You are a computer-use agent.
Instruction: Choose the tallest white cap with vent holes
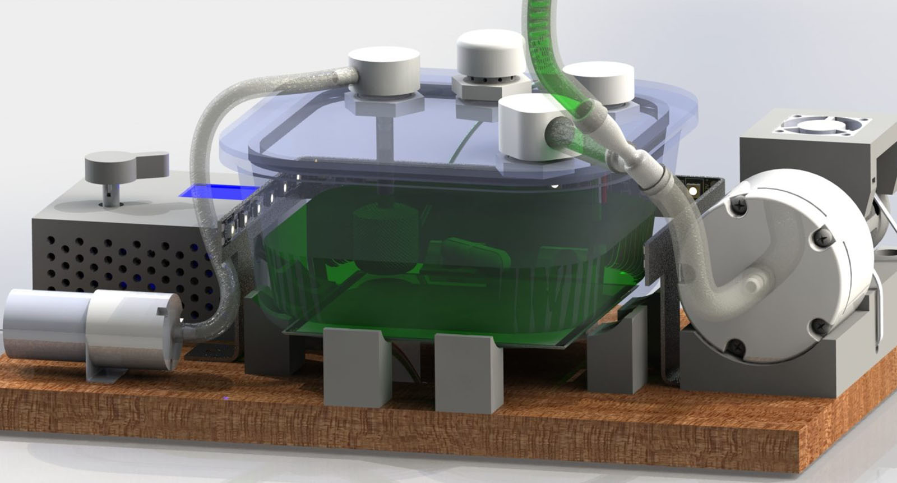tap(491, 56)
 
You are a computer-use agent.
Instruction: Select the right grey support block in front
tap(468, 373)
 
